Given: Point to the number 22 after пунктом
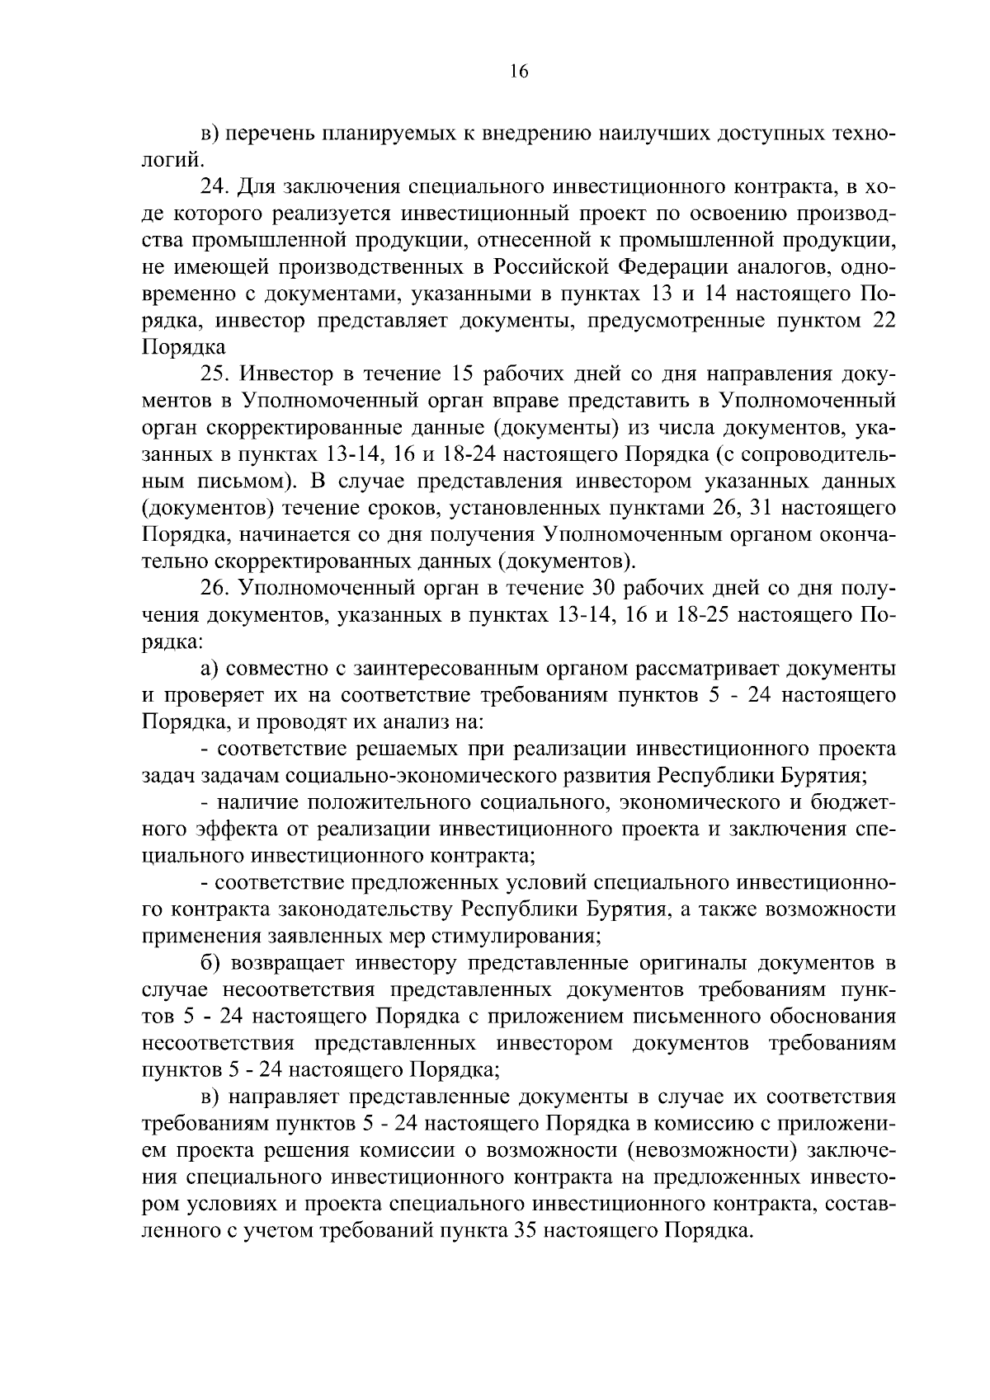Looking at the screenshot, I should (884, 320).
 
